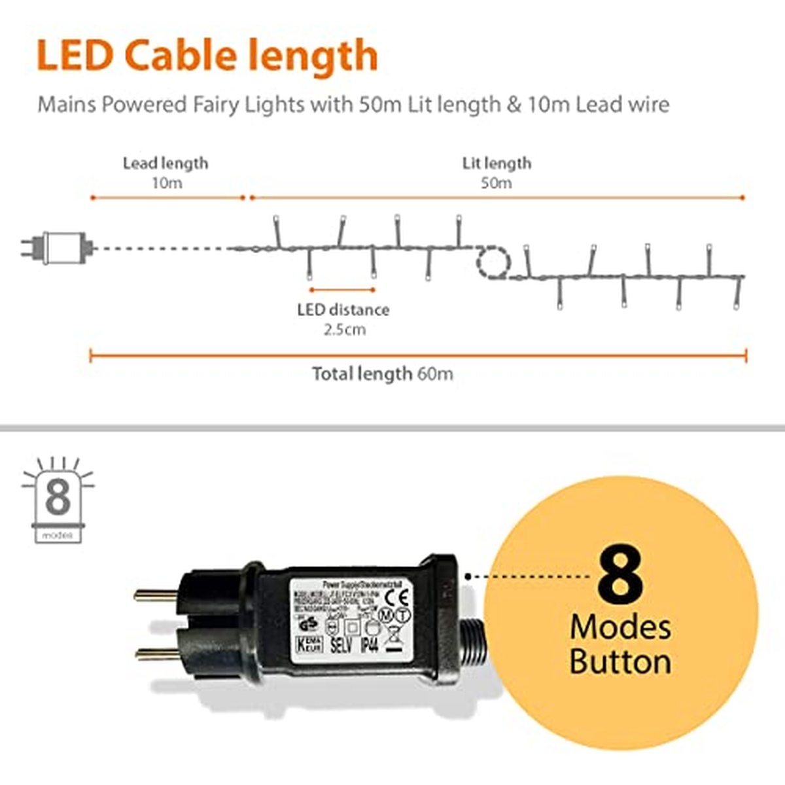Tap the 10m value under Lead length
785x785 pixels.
pyautogui.click(x=167, y=183)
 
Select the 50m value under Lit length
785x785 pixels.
pyautogui.click(x=497, y=183)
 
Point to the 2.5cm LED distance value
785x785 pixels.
pyautogui.click(x=344, y=329)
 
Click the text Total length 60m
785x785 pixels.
pyautogui.click(x=383, y=374)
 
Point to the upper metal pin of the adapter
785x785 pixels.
pyautogui.click(x=155, y=595)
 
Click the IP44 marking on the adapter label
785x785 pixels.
pyautogui.click(x=370, y=646)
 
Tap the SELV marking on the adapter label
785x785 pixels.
pyautogui.click(x=341, y=646)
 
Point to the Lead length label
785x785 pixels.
pyautogui.click(x=166, y=164)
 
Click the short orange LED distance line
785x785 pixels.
pyautogui.click(x=342, y=289)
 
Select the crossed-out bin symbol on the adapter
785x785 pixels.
pyautogui.click(x=394, y=635)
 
